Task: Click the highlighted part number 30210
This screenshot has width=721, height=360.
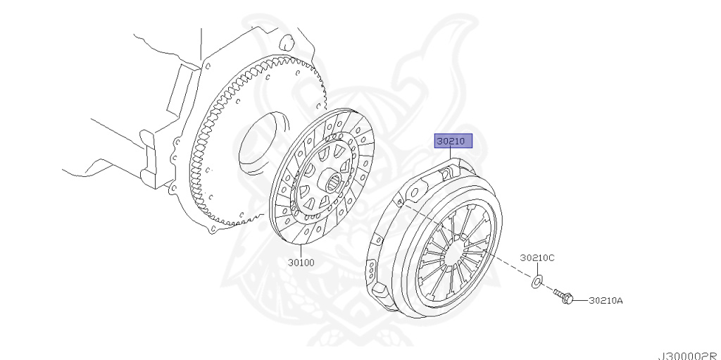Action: pos(451,142)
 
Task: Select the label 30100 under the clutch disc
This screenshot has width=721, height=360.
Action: pos(301,263)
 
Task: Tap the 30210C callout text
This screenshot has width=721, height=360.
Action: pos(537,258)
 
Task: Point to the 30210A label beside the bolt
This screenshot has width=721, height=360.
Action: pos(606,301)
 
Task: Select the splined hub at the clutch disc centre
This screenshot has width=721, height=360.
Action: pos(334,182)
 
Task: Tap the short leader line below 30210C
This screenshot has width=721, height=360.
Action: pos(537,270)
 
